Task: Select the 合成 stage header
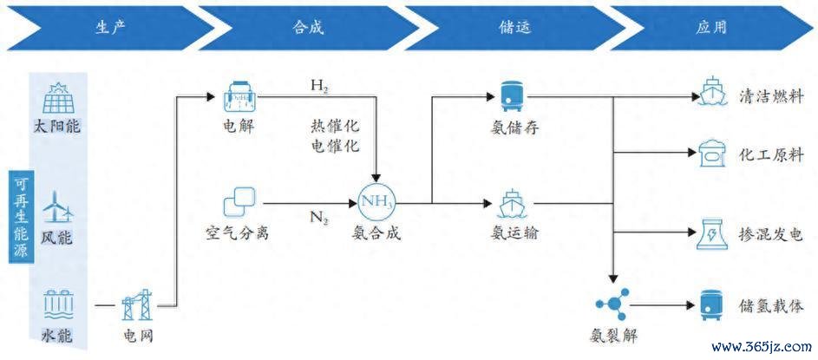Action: coord(307,27)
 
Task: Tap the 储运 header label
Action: coord(514,27)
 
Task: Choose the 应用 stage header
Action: coord(711,27)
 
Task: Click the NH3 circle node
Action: coord(375,202)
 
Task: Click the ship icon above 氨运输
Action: coord(508,205)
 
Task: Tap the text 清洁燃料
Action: coord(771,96)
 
